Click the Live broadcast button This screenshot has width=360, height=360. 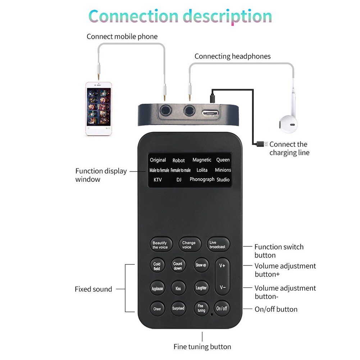218,245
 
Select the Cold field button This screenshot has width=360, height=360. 157,266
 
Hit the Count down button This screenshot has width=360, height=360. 178,266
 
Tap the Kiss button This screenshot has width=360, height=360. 178,288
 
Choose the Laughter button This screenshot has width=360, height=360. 201,288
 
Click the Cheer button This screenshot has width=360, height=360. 157,309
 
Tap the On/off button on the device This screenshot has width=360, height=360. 222,308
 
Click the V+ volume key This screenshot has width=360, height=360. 222,266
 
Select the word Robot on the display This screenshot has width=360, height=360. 178,160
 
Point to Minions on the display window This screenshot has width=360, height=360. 223,170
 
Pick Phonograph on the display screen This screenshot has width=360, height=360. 202,179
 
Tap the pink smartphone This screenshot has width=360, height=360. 99,109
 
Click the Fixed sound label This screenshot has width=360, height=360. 93,289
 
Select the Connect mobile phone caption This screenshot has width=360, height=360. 122,37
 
